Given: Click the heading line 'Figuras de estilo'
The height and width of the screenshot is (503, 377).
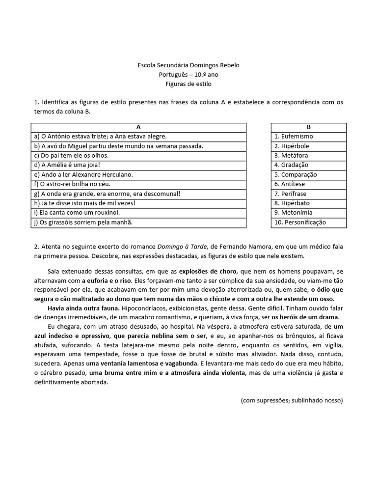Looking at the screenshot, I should coord(188,84).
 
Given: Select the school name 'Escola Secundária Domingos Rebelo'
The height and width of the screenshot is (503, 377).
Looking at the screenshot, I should coord(188,65).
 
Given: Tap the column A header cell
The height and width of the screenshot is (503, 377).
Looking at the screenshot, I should coord(138,127).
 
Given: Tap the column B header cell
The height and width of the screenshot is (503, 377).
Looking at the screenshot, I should coord(308,127).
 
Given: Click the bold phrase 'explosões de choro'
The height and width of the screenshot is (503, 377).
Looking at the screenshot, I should coord(208,271).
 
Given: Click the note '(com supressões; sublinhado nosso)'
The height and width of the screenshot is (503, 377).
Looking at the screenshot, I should coord(292,400).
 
